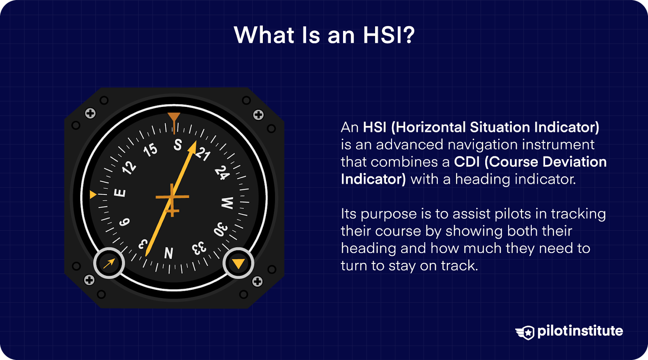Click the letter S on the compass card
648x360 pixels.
178,145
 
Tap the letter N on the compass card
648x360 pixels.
169,253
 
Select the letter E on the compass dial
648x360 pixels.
120,193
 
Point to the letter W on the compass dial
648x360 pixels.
227,203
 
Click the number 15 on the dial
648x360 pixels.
150,150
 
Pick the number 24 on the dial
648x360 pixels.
222,173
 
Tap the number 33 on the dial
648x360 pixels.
199,248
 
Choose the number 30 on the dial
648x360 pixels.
221,229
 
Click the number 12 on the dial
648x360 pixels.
129,167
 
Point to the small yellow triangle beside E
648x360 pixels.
93,195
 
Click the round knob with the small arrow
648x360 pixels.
109,264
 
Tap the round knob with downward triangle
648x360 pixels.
238,264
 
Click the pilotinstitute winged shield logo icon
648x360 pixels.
525,332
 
